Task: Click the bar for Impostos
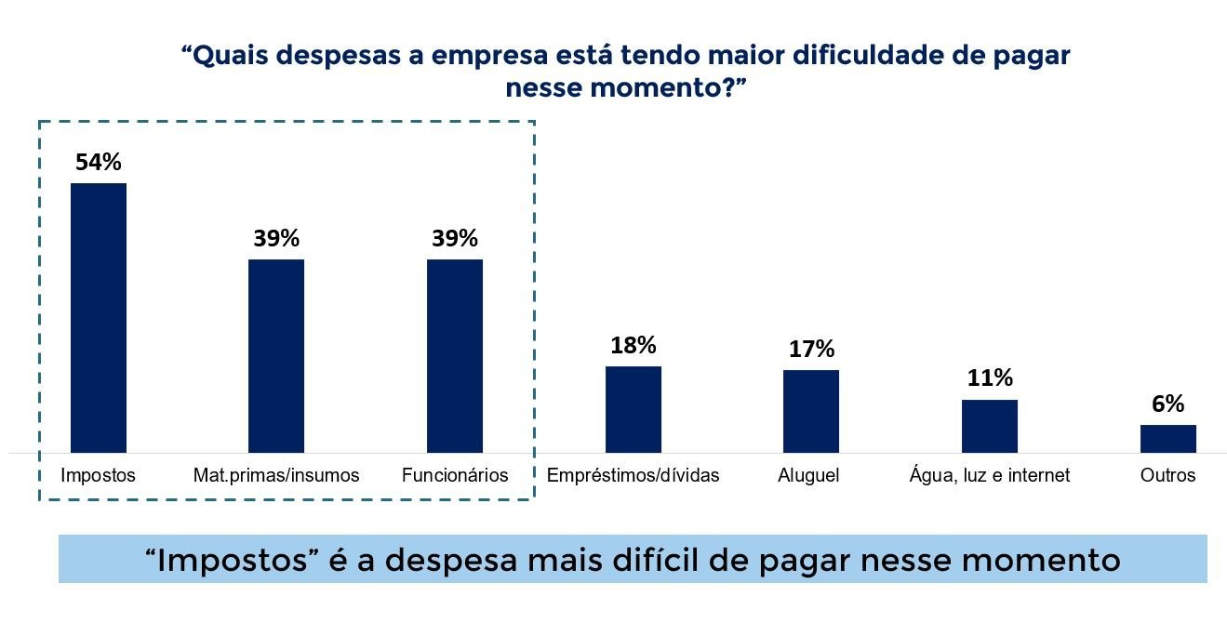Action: (99, 318)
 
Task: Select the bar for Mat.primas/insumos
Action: (276, 356)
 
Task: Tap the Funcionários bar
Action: (455, 356)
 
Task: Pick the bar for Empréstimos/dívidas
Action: (634, 409)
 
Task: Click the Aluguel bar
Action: (811, 411)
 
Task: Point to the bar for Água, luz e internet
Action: (990, 426)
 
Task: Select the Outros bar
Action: (1168, 439)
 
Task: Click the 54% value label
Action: (99, 162)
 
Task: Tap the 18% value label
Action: (634, 345)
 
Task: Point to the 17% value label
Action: (811, 349)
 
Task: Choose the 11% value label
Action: (990, 378)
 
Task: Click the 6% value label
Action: (1168, 404)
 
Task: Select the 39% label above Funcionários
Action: (455, 238)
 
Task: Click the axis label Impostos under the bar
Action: (99, 475)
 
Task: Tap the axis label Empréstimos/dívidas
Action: (634, 475)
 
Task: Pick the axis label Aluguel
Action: (809, 475)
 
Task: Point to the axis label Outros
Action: (1168, 475)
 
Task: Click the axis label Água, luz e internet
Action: (990, 475)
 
